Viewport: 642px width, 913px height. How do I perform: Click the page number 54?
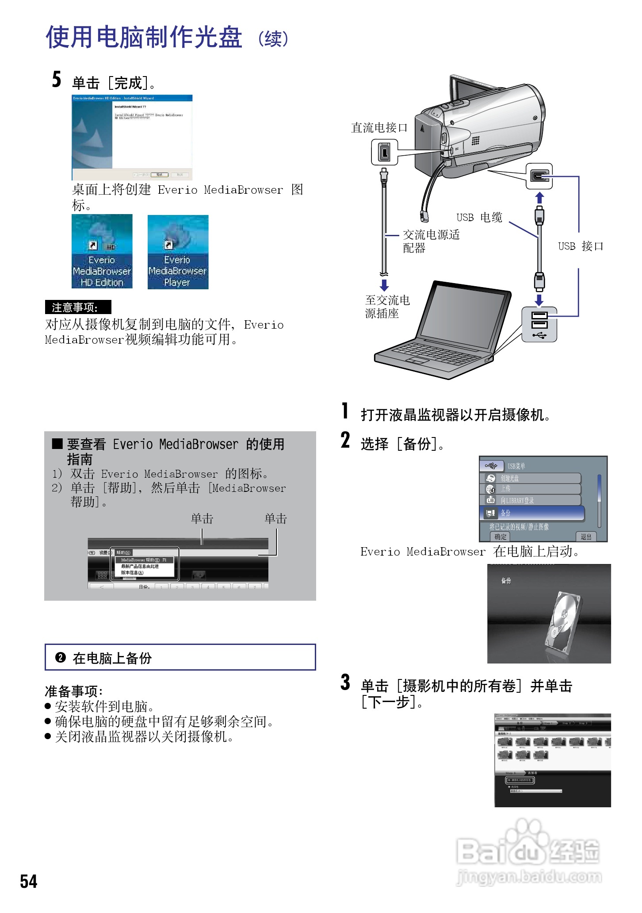(29, 881)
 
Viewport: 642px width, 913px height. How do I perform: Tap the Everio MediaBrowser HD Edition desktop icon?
(102, 251)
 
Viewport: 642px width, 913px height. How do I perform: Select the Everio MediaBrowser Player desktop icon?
(178, 252)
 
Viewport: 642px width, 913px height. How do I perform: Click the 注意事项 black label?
(78, 307)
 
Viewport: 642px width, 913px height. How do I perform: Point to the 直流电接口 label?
(379, 128)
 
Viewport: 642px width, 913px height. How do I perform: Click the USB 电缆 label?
(479, 217)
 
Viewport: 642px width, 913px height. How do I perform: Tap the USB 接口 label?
(581, 246)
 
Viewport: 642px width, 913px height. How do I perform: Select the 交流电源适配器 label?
(431, 241)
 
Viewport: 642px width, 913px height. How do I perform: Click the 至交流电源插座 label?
(387, 307)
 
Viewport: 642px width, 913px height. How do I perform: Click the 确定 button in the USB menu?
(500, 537)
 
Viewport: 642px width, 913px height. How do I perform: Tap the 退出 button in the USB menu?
(586, 537)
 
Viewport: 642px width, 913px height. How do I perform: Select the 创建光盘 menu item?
(531, 478)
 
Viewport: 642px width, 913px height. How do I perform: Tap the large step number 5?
(57, 79)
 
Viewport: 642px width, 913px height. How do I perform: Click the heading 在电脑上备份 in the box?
(112, 658)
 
